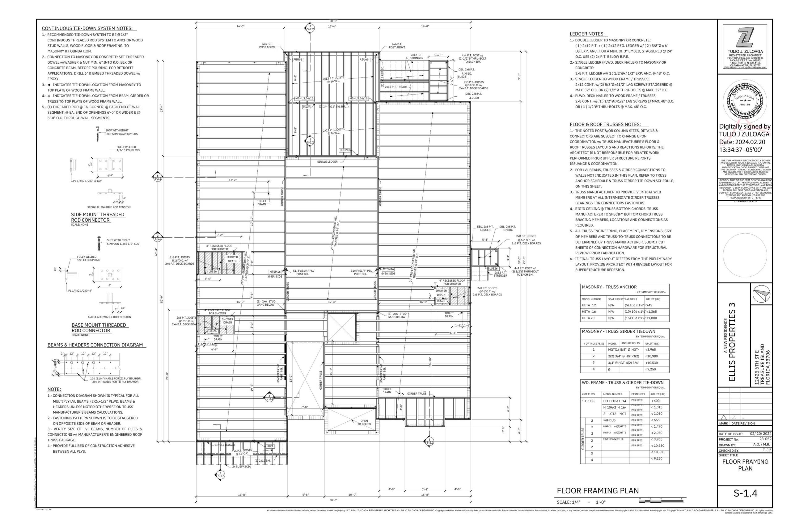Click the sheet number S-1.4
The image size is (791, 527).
click(x=745, y=493)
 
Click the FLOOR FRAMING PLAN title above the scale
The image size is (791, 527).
click(x=598, y=491)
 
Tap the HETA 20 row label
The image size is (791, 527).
click(x=589, y=318)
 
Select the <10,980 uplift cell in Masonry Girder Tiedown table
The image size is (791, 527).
click(x=651, y=356)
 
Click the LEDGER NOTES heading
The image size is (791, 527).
click(x=587, y=34)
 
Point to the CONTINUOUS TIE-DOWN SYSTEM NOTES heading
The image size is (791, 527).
click(x=87, y=29)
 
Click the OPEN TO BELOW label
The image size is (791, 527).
click(x=364, y=422)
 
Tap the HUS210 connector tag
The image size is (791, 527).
click(x=345, y=150)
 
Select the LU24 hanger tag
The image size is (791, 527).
click(x=270, y=446)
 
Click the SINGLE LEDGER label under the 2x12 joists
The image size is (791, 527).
click(x=327, y=162)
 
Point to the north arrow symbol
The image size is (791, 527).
click(x=761, y=294)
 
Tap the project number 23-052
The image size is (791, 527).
click(x=765, y=439)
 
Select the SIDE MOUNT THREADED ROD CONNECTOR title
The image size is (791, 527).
click(x=98, y=217)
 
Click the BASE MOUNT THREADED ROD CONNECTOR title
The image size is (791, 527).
click(x=99, y=328)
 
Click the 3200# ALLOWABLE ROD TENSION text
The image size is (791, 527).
click(x=109, y=207)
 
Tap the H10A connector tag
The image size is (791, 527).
click(x=307, y=107)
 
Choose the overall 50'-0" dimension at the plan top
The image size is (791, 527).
click(x=333, y=21)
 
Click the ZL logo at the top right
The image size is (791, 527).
click(x=745, y=38)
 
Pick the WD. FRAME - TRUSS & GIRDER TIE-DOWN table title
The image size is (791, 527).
click(x=623, y=383)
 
